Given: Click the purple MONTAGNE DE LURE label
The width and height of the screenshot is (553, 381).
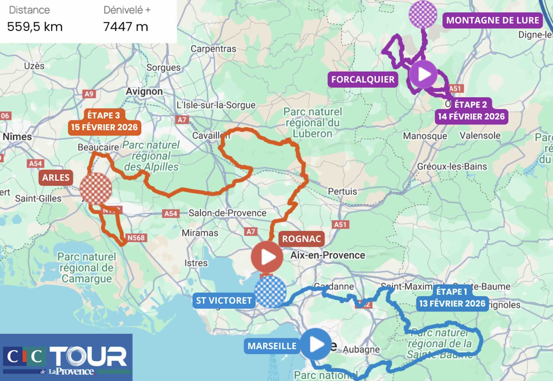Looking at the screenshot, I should point(492,20).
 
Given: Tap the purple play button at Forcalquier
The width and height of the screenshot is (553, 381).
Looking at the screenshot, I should point(423,74).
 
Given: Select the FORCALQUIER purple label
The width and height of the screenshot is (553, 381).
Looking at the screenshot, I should point(363,79).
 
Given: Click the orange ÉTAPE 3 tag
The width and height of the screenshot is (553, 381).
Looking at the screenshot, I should point(104,115).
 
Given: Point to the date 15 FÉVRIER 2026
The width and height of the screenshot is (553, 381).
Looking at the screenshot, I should point(104,127).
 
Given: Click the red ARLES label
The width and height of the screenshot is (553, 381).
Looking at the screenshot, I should point(56,178).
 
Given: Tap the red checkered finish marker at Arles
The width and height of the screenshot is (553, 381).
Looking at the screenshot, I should point(96,189).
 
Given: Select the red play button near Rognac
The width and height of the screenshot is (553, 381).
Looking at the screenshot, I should point(267,257).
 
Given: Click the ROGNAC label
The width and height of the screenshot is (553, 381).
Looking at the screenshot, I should point(301,239).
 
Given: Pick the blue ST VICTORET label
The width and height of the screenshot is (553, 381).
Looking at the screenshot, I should point(224,301).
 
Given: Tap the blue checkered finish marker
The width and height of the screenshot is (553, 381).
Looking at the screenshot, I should point(270,292).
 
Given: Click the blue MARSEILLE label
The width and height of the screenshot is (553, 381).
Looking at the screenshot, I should point(272,346).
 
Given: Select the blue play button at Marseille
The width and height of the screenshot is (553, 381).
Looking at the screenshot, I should point(316,344).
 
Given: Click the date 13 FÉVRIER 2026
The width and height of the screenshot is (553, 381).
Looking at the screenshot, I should point(452,303).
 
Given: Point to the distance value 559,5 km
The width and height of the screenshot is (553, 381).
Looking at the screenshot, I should point(35,27).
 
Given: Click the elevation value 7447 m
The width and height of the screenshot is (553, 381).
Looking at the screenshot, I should point(126,27).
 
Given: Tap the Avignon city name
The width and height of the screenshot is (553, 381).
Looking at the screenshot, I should point(144,91).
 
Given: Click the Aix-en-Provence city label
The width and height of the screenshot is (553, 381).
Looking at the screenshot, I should point(327,255).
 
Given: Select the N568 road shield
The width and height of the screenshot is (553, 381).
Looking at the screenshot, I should point(136,238).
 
